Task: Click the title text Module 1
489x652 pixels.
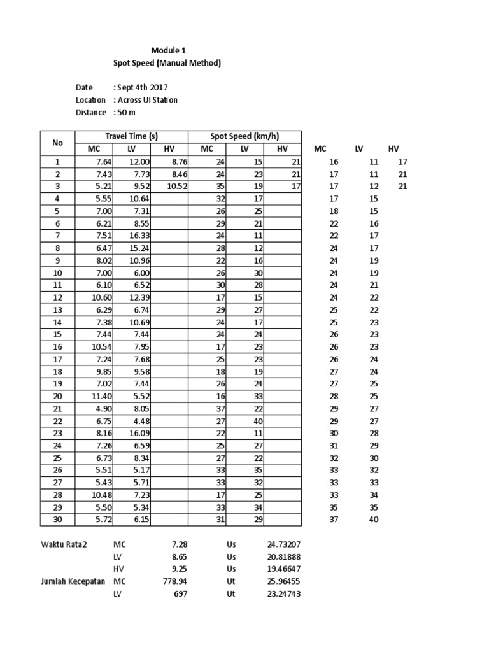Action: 168,50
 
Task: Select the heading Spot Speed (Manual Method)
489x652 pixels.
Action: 167,63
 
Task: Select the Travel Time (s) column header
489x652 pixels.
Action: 131,136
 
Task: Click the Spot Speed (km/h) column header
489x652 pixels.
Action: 244,136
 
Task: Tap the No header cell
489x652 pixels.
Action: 57,143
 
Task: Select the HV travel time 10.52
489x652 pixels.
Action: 178,187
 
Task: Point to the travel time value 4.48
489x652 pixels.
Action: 141,420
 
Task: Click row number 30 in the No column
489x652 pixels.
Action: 57,520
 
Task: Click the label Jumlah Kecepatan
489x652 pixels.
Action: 71,581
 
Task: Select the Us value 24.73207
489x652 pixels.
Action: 283,545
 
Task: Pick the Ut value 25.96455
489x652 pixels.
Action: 283,581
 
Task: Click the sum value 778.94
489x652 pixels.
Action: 174,581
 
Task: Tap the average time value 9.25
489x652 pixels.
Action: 179,569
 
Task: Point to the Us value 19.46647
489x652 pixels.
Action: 283,569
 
